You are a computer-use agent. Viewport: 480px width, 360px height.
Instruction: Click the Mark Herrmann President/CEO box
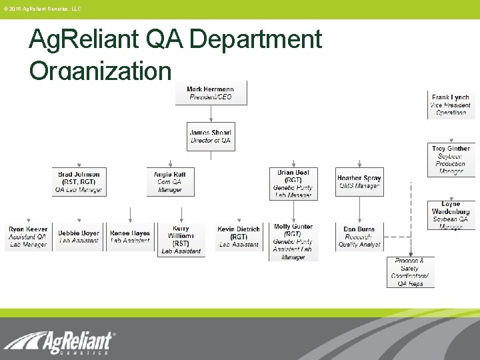point(211,93)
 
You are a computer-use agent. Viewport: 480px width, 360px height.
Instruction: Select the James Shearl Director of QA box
point(211,137)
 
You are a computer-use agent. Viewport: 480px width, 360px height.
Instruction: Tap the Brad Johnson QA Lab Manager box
point(79,181)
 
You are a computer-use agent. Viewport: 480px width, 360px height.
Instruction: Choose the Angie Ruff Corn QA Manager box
point(171,181)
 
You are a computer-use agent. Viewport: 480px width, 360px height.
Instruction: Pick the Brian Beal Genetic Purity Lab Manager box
point(293,183)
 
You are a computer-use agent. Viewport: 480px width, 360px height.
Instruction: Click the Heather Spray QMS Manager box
point(359,182)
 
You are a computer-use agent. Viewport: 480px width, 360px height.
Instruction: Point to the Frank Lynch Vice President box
point(451,105)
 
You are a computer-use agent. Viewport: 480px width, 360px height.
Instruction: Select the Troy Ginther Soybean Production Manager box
point(451,160)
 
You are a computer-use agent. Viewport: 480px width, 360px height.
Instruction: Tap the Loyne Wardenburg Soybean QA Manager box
point(451,215)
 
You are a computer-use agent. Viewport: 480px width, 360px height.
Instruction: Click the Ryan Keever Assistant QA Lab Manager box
point(28,237)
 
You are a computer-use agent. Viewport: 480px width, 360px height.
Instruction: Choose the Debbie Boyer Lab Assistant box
point(79,237)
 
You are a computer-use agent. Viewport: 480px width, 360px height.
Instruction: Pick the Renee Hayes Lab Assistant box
point(130,237)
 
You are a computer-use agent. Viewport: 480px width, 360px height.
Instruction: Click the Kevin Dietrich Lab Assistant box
point(239,237)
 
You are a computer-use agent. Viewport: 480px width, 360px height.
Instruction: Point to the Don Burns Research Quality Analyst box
point(359,237)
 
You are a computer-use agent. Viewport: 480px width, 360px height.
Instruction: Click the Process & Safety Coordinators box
point(410,272)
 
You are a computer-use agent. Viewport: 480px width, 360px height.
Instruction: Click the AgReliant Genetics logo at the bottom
point(59,343)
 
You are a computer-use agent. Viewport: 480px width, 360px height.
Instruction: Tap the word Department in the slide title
point(255,40)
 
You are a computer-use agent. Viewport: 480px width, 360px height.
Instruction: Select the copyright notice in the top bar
point(41,9)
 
